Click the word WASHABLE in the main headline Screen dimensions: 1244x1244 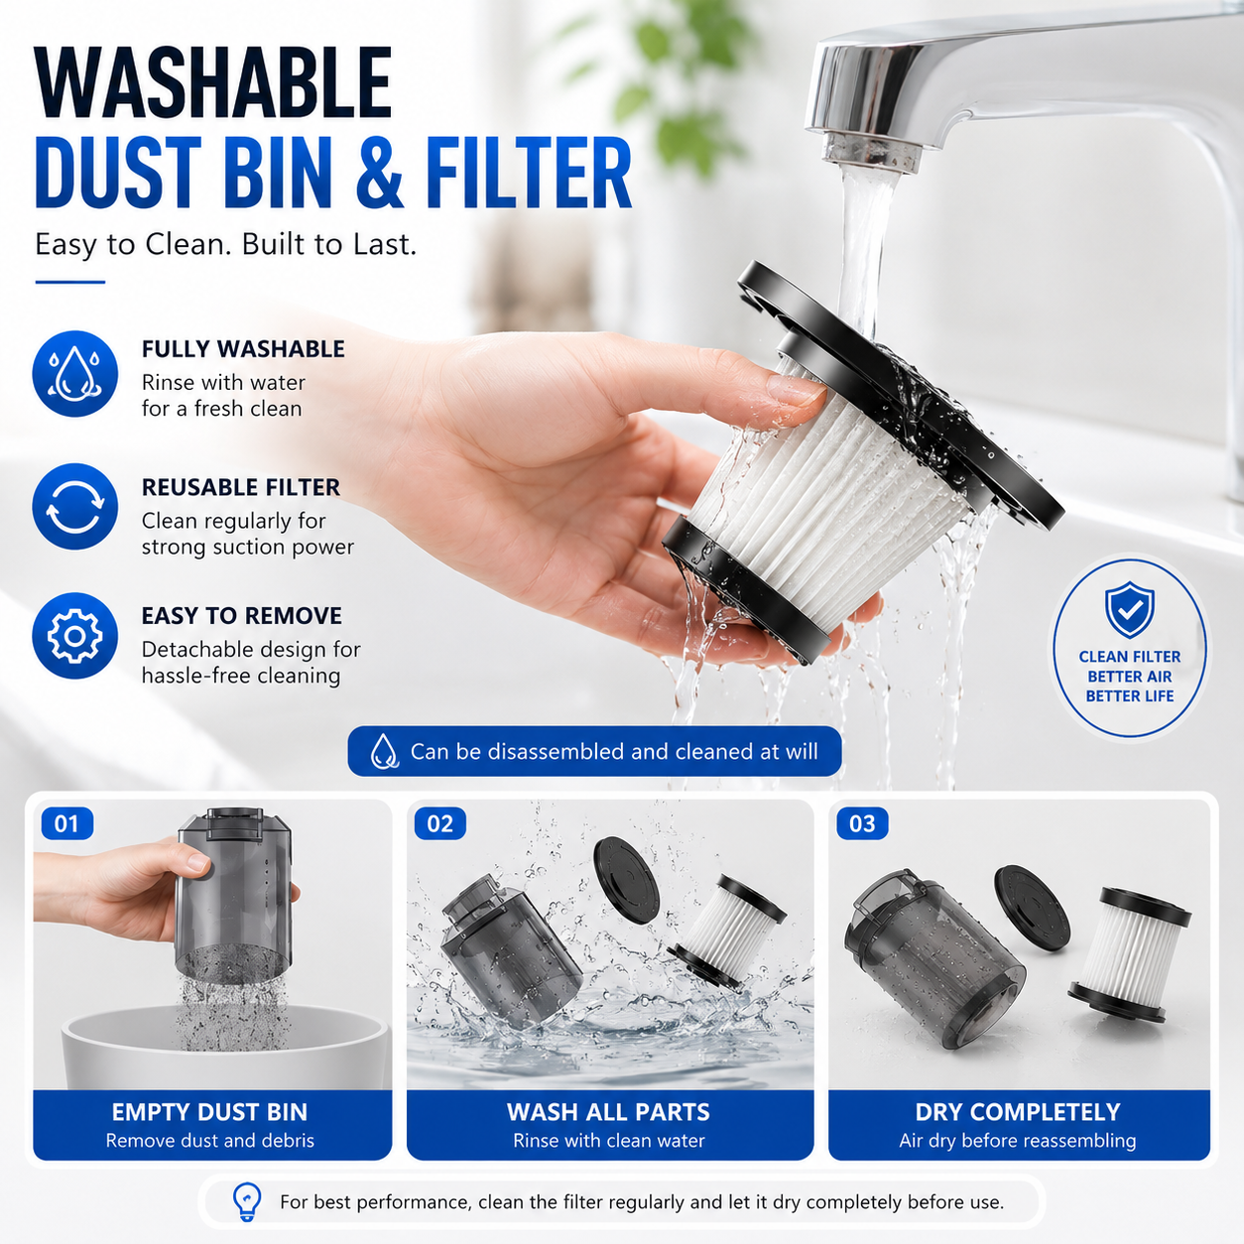tap(213, 83)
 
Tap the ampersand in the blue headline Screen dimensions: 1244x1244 tap(380, 173)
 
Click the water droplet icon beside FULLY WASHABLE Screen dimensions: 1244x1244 tap(74, 374)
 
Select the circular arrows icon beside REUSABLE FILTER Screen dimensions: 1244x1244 tap(74, 506)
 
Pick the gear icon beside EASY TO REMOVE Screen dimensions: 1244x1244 tap(74, 636)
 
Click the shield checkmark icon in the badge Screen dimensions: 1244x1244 tap(1129, 609)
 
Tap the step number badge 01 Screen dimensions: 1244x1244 tap(67, 823)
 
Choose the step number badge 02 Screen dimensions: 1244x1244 tap(439, 823)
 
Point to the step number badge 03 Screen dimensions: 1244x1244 tap(862, 823)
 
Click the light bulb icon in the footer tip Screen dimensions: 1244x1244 tap(247, 1201)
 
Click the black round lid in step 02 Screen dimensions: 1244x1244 tap(626, 879)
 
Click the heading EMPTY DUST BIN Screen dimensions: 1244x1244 tap(209, 1112)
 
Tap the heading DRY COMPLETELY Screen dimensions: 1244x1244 tap(1018, 1112)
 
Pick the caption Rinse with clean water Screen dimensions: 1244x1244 tap(609, 1141)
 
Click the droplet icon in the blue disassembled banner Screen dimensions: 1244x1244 tap(384, 751)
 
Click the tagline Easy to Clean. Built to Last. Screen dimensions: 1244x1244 tap(225, 244)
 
